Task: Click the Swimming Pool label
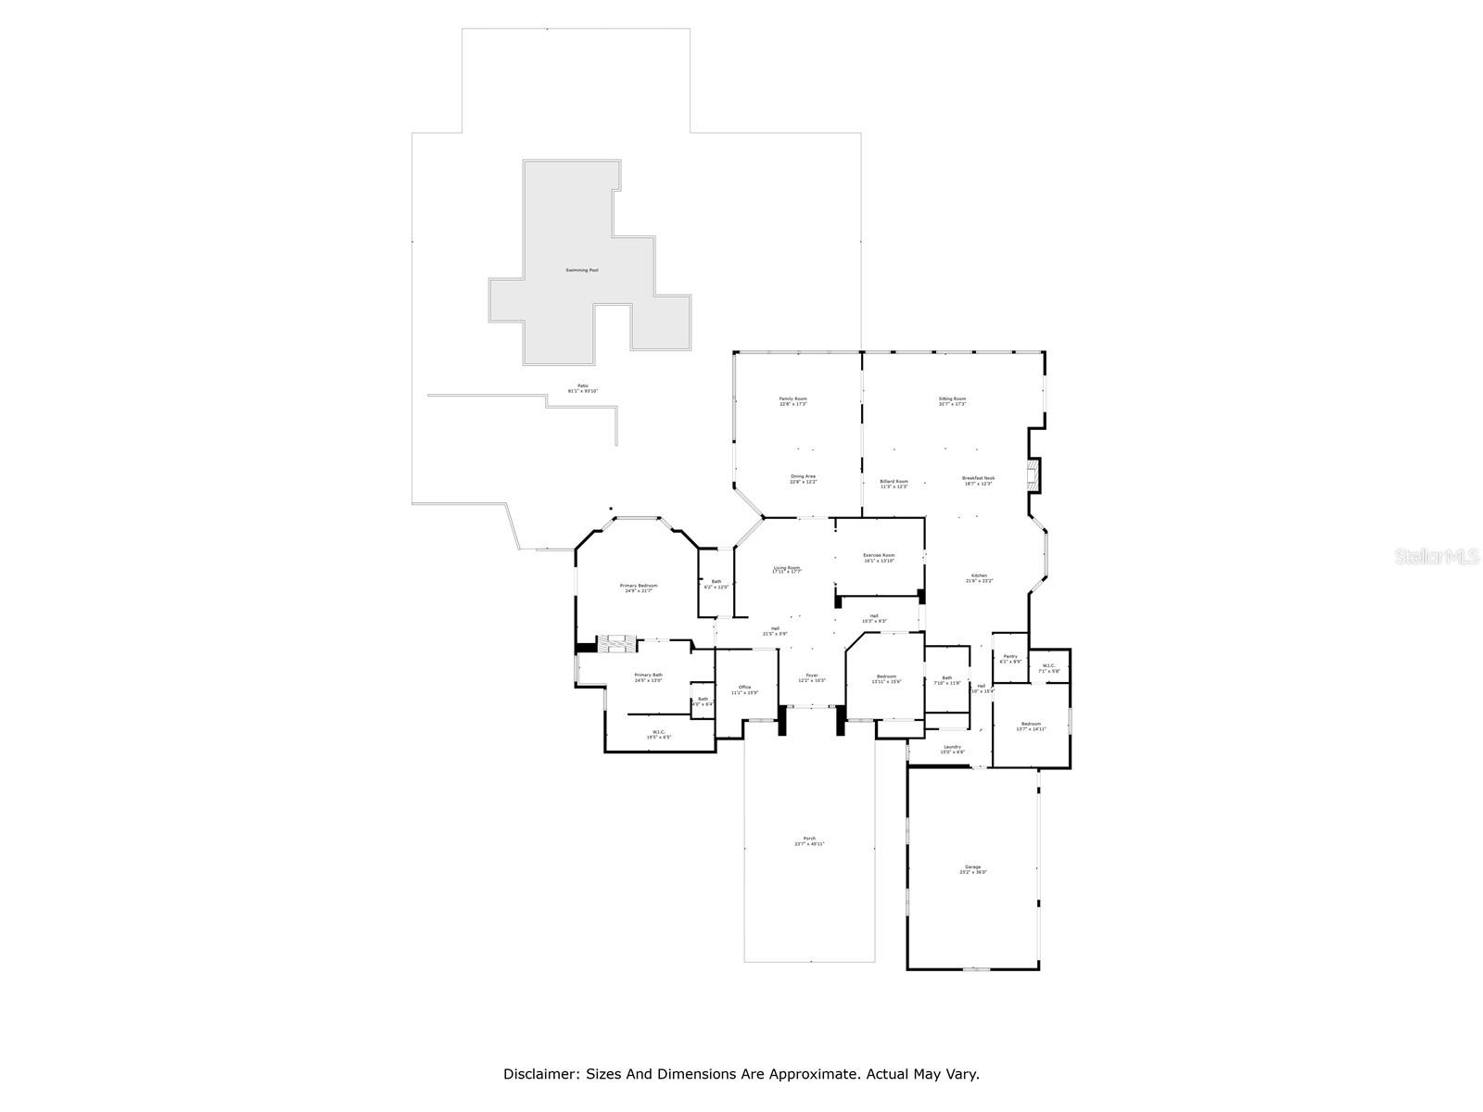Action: coord(582,271)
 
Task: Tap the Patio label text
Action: coord(583,385)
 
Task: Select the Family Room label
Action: coord(792,399)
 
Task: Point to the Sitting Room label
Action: coord(952,399)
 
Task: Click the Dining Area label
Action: coord(803,476)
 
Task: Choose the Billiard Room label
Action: coord(894,482)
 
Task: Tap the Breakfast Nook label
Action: coord(978,478)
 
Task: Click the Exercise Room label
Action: coord(879,555)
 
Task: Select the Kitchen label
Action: coord(980,575)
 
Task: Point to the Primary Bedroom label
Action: coord(639,586)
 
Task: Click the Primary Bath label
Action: coord(648,675)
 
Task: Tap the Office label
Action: coord(745,687)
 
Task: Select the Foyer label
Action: coord(812,676)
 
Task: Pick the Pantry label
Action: coord(1009,656)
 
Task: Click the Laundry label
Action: coord(952,747)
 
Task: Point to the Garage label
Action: coord(972,867)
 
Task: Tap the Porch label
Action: coord(809,839)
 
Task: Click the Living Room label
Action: coord(787,568)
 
